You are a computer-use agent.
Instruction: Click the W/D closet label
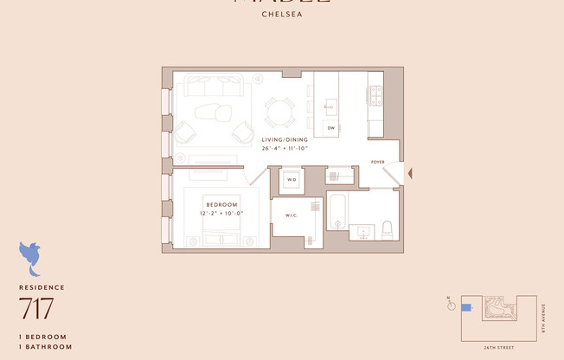(x=292, y=180)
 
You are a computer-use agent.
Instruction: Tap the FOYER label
(x=378, y=162)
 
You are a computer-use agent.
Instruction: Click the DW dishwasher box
(x=330, y=128)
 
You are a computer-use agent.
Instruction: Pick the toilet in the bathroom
(x=387, y=229)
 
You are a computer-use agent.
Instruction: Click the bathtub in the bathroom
(x=337, y=211)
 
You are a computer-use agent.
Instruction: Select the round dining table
(x=279, y=111)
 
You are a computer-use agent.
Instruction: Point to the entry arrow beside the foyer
(x=410, y=175)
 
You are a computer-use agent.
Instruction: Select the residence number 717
(x=36, y=309)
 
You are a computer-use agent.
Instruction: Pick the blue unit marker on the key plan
(x=466, y=307)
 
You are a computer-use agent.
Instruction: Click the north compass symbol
(x=450, y=305)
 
